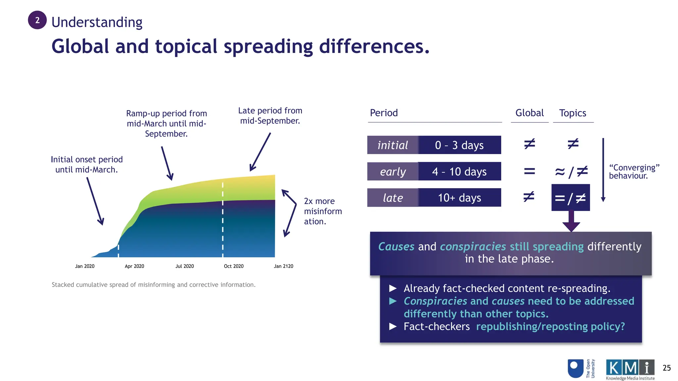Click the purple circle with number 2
(37, 20)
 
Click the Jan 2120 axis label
(283, 266)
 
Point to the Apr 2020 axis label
(134, 266)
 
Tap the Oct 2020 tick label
(234, 266)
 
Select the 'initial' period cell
(393, 145)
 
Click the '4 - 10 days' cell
(460, 171)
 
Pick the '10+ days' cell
(460, 198)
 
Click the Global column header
(529, 113)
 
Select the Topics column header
(573, 113)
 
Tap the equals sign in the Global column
(529, 171)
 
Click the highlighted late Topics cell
(570, 198)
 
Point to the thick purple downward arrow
(571, 222)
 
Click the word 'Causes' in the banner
(396, 247)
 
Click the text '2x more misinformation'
(322, 211)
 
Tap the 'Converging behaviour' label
(634, 172)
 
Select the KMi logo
(630, 369)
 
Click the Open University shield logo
(575, 368)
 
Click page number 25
(666, 368)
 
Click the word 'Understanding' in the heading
(97, 22)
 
